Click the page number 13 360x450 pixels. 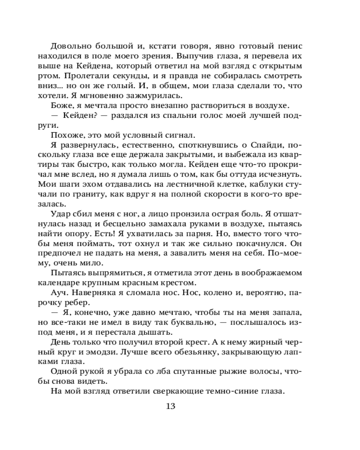(x=170, y=406)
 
